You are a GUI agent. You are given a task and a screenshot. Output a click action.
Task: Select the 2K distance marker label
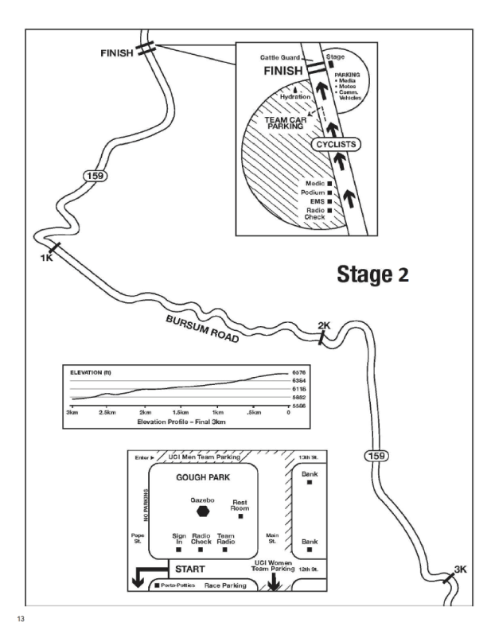point(323,325)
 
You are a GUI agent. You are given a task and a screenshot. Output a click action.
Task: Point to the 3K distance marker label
point(460,569)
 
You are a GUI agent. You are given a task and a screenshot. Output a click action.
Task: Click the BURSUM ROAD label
point(202,326)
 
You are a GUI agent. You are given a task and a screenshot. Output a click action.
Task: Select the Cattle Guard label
point(278,58)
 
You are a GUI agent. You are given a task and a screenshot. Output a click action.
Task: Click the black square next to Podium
point(329,192)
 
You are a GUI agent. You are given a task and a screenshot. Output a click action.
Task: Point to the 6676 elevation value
point(298,372)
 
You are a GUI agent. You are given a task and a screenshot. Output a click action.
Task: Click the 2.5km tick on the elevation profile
point(107,414)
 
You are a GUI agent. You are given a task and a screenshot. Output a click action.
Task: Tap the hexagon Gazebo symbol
point(205,511)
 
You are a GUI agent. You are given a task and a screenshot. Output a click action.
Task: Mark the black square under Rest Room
point(240,517)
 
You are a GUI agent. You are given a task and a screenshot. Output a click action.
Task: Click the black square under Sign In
point(179,549)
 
